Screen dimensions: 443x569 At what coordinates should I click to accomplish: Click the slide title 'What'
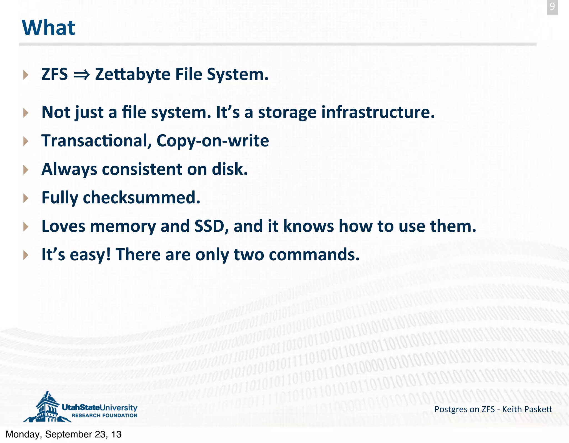48,28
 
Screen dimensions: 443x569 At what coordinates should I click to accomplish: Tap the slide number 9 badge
552,7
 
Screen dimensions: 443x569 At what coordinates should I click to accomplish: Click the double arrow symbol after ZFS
81,75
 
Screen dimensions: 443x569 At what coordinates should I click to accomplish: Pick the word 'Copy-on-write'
213,141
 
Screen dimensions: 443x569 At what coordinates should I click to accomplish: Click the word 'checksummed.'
141,198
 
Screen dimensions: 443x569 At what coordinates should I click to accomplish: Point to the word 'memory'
123,226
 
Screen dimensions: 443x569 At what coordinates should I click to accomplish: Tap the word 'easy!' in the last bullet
90,255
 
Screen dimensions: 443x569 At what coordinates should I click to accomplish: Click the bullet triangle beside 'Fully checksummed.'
26,198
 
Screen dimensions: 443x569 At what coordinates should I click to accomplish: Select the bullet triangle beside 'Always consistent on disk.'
26,170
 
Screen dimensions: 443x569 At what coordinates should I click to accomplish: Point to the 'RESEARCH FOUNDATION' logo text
104,415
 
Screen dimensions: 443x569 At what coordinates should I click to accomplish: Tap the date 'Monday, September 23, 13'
64,434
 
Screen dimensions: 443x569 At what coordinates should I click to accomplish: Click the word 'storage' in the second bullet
287,113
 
